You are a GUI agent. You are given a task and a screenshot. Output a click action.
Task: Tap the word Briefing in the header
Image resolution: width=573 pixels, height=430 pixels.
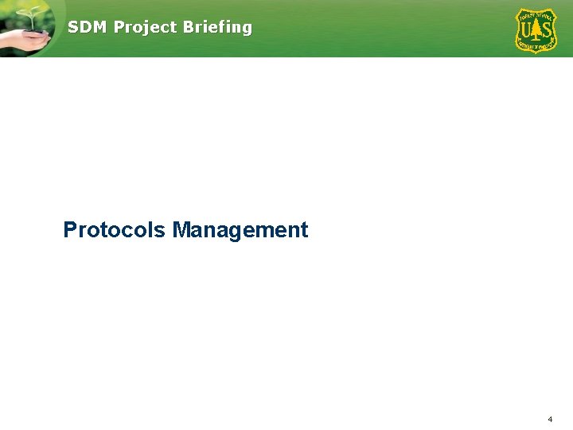217,27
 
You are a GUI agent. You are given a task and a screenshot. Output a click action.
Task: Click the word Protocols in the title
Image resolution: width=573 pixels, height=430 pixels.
115,230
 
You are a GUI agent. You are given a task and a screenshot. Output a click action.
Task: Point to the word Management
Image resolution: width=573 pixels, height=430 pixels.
240,230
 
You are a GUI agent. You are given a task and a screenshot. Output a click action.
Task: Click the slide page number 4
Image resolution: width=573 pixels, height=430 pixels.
550,419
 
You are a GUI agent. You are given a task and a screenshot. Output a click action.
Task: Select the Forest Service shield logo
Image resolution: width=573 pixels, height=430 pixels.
536,30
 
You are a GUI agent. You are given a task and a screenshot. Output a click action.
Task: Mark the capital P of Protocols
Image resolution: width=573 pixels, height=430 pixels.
70,230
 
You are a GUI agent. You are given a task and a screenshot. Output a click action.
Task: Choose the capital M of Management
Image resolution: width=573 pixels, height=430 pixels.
181,230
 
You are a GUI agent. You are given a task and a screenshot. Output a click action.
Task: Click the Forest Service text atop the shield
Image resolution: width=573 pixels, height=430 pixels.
536,14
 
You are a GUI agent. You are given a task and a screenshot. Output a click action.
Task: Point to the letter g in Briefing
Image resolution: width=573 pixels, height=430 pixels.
246,29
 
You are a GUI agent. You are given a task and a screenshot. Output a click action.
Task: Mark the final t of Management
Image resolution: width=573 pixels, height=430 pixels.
304,230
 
